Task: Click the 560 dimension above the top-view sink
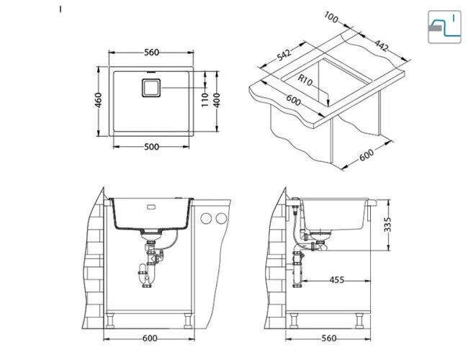pos(152,53)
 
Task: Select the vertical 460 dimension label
pos(98,100)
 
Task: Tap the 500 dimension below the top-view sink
pos(152,147)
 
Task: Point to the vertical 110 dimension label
pos(204,100)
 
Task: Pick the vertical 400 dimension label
pos(217,100)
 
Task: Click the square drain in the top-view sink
pos(151,88)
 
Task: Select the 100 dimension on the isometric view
pos(331,17)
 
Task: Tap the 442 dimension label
pos(382,45)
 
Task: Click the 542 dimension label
pos(284,55)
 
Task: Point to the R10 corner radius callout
pos(305,80)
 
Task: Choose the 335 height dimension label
pos(387,225)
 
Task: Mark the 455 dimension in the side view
pos(337,280)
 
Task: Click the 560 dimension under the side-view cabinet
pos(329,338)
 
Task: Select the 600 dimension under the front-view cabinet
pos(150,338)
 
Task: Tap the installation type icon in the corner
pos(444,27)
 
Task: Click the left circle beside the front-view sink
pos(206,218)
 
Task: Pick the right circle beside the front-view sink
pos(222,218)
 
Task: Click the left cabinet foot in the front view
pos(110,320)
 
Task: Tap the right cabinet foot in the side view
pos(359,320)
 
